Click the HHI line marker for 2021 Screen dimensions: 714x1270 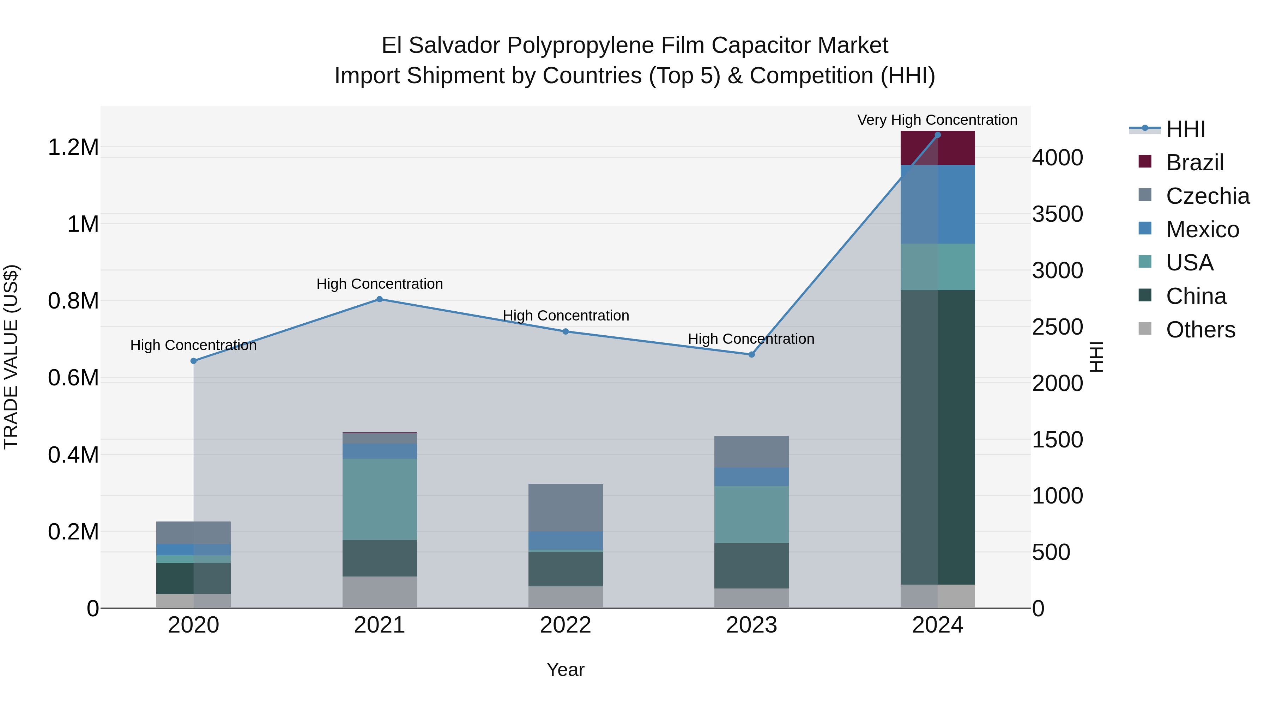pos(380,299)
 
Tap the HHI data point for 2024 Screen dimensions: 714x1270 pos(938,135)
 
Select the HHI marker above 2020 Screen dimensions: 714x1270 pos(193,361)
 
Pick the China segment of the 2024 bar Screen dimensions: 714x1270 pos(938,437)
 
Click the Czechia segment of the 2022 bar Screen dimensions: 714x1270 pos(566,507)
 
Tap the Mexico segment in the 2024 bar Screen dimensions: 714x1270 pos(938,204)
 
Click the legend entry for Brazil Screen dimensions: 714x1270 pos(1195,162)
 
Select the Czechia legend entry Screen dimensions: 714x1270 pos(1208,196)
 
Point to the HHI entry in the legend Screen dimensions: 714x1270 pos(1185,129)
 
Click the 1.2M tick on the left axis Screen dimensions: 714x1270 pos(73,147)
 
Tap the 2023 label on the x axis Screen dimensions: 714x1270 pos(751,625)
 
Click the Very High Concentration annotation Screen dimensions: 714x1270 pos(937,120)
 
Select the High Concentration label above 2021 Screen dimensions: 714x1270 pos(380,284)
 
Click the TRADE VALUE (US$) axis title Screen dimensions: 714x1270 pos(11,357)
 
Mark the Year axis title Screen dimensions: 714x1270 pos(566,670)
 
